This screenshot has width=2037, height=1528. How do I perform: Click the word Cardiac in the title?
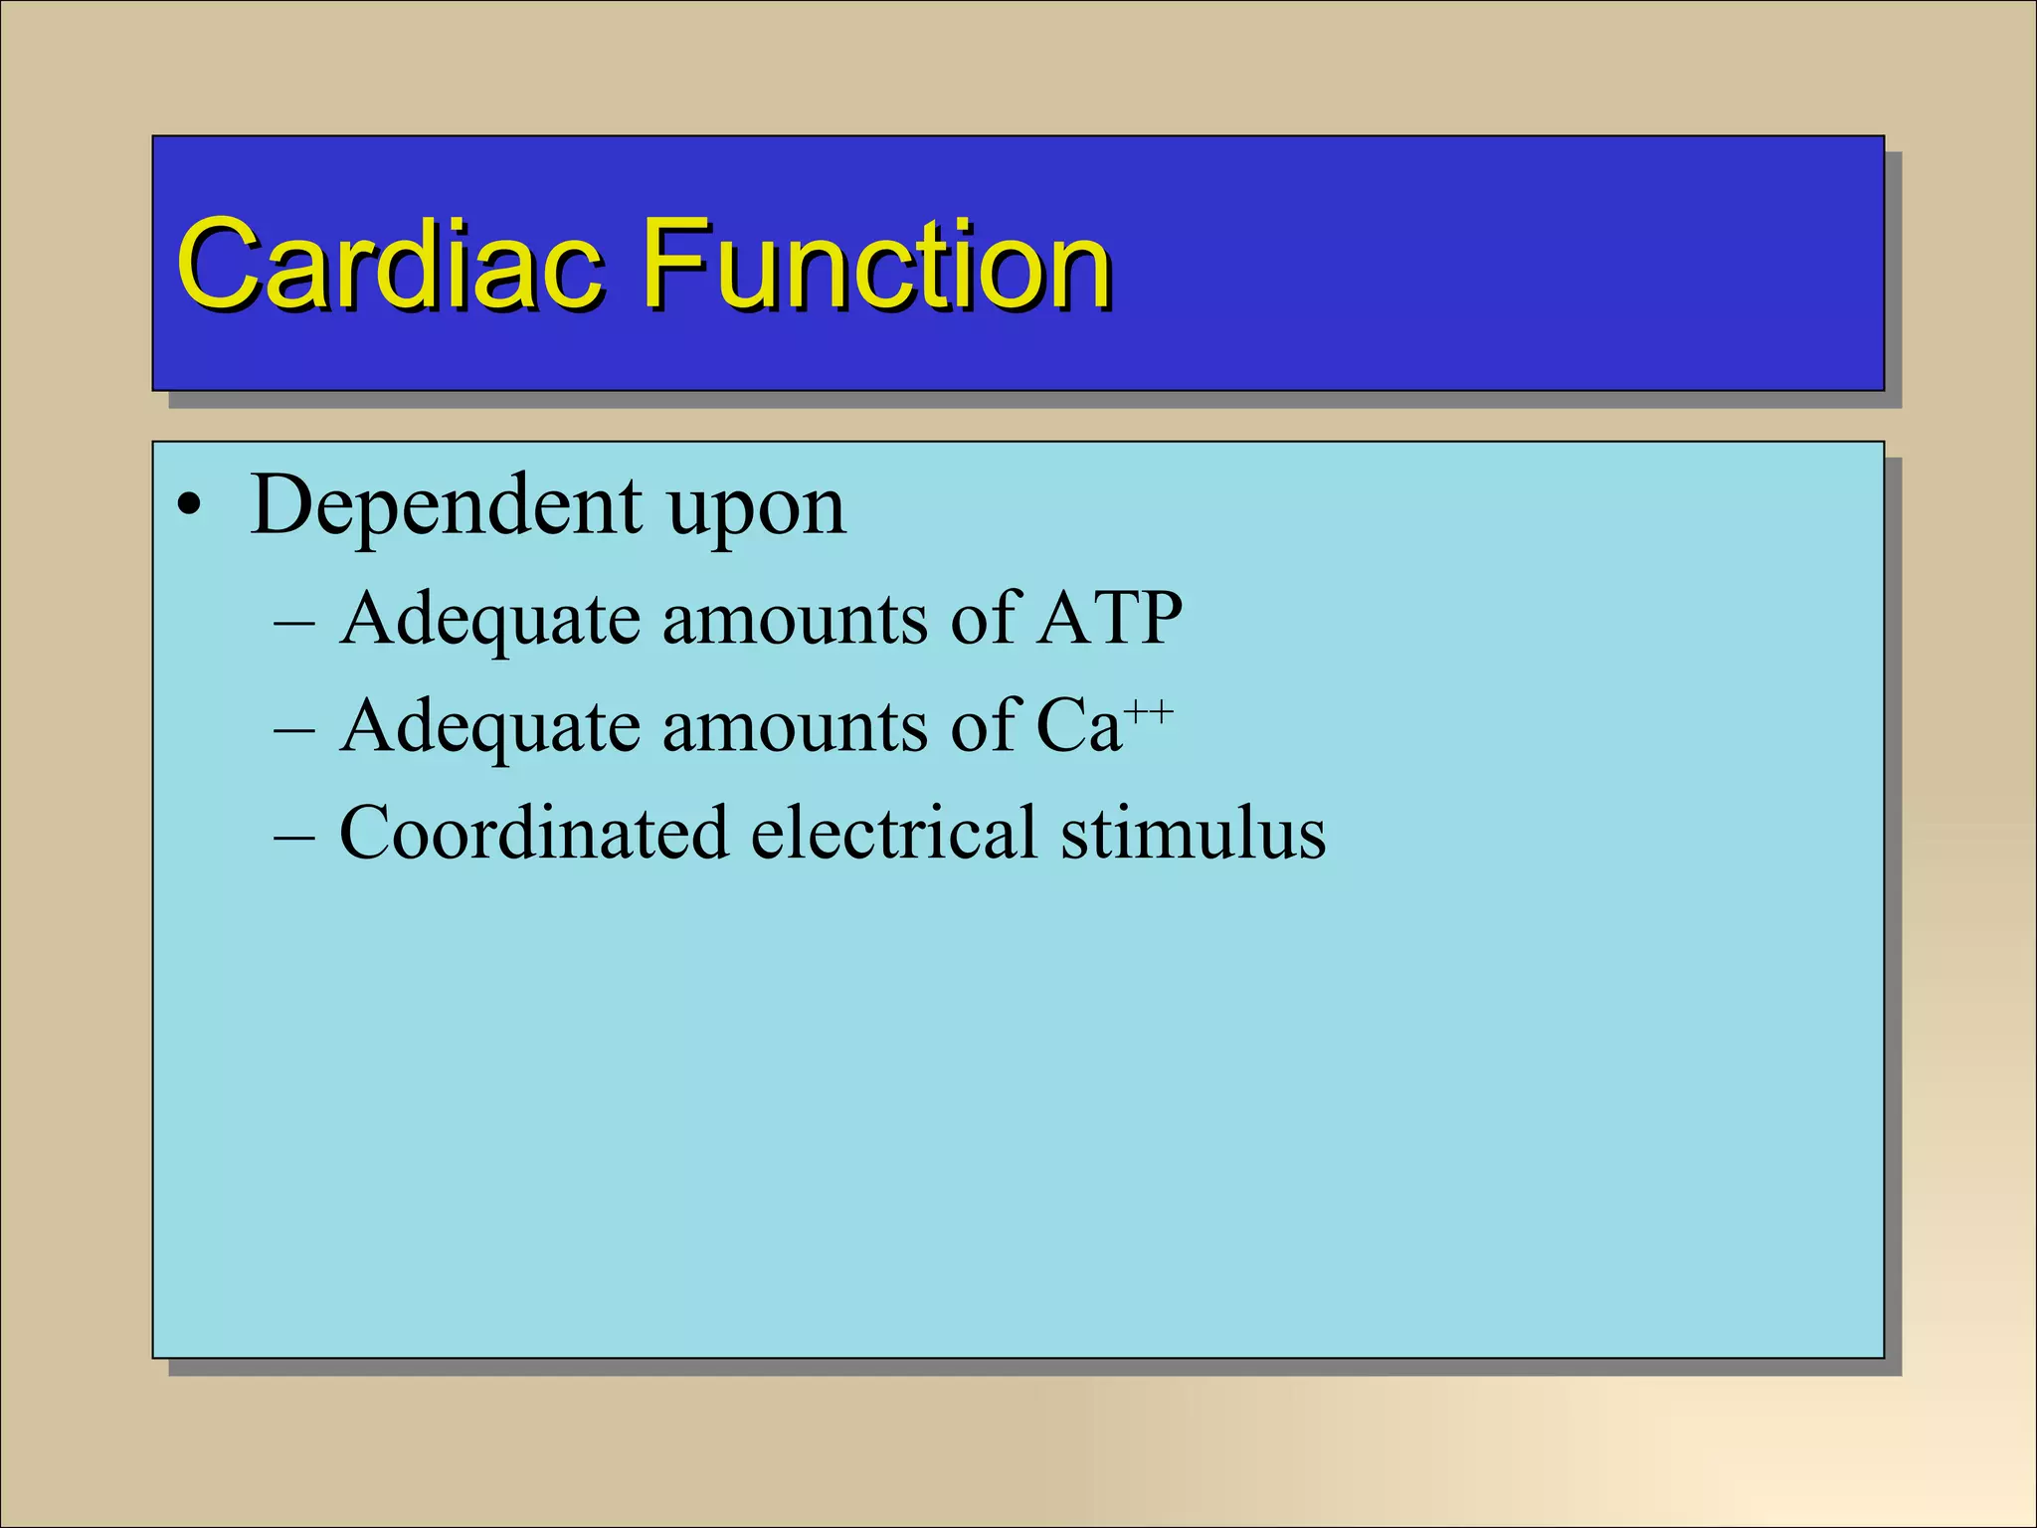pyautogui.click(x=390, y=265)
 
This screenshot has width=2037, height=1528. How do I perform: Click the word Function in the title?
pyautogui.click(x=875, y=265)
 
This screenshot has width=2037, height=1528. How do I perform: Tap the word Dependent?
pyautogui.click(x=446, y=506)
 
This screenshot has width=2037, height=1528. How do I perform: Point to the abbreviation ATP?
pyautogui.click(x=1108, y=619)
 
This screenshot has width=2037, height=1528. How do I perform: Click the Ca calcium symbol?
pyautogui.click(x=1078, y=726)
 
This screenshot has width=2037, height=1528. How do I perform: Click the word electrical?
pyautogui.click(x=893, y=833)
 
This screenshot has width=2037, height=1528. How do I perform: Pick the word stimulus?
pyautogui.click(x=1193, y=833)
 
